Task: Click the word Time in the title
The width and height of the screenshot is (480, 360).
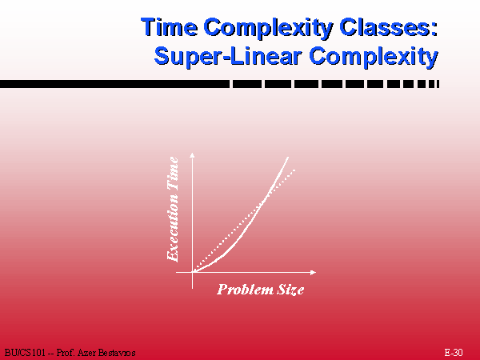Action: pyautogui.click(x=170, y=27)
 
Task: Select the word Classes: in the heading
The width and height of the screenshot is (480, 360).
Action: pyautogui.click(x=389, y=27)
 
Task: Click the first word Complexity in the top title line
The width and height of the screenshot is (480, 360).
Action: pyautogui.click(x=268, y=28)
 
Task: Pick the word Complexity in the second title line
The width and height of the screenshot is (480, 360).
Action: pyautogui.click(x=374, y=57)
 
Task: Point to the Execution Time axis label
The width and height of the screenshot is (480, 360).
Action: pyautogui.click(x=173, y=209)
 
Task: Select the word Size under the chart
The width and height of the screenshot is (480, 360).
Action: pyautogui.click(x=290, y=290)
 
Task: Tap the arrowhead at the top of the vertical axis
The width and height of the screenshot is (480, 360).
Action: pyautogui.click(x=192, y=154)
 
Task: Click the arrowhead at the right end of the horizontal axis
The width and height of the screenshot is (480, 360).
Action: pyautogui.click(x=313, y=272)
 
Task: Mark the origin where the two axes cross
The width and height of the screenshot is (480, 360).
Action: pyautogui.click(x=192, y=272)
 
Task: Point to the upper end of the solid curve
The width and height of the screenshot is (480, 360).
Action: pyautogui.click(x=288, y=158)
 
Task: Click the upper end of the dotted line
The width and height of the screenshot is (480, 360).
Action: pyautogui.click(x=294, y=170)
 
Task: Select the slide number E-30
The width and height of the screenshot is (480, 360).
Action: pyautogui.click(x=454, y=352)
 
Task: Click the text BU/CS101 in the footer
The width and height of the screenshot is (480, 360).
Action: pyautogui.click(x=25, y=353)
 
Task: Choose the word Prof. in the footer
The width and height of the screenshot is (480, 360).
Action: pyautogui.click(x=66, y=353)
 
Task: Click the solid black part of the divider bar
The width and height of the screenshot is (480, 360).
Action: pyautogui.click(x=114, y=84)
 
